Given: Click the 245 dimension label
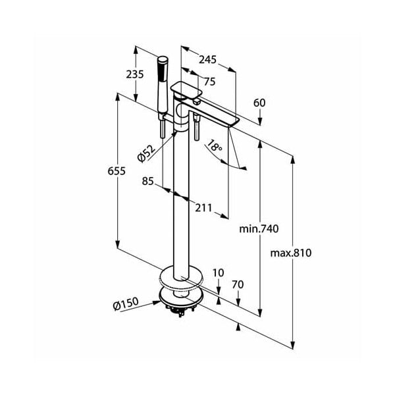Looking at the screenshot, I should point(207,60).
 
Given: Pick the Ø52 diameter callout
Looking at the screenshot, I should point(146,153).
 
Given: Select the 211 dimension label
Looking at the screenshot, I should point(204,208).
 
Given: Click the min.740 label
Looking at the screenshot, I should point(259,228).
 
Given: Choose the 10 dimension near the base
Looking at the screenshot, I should point(219,273).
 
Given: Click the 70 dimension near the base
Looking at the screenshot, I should point(238,284).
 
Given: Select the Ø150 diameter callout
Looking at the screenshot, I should point(125,304).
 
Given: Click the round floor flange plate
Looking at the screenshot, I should point(181,276).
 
